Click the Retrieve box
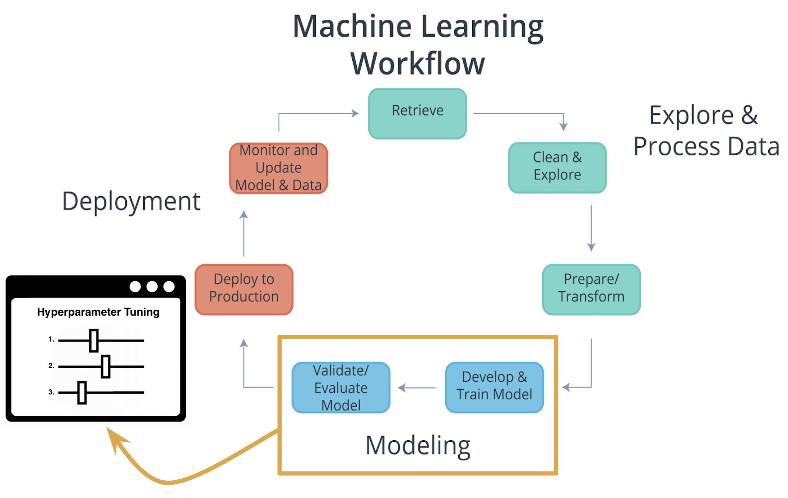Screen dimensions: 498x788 pyautogui.click(x=417, y=113)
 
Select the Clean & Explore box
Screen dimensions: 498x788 pyautogui.click(x=557, y=168)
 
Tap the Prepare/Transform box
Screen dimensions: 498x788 pyautogui.click(x=591, y=289)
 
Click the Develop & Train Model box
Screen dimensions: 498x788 pyautogui.click(x=494, y=387)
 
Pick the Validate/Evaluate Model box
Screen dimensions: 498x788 pyautogui.click(x=341, y=387)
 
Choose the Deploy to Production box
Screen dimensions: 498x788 pyautogui.click(x=244, y=289)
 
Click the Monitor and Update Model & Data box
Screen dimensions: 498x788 pyautogui.click(x=278, y=168)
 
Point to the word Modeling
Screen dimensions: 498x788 pyautogui.click(x=418, y=445)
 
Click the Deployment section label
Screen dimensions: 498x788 pyautogui.click(x=131, y=201)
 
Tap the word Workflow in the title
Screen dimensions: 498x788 pyautogui.click(x=418, y=64)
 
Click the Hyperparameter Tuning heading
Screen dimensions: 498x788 pyautogui.click(x=98, y=312)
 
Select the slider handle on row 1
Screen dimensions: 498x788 pyautogui.click(x=94, y=340)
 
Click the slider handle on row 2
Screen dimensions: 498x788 pyautogui.click(x=106, y=366)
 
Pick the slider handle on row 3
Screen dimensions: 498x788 pyautogui.click(x=82, y=393)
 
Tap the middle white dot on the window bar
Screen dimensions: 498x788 pyautogui.click(x=152, y=286)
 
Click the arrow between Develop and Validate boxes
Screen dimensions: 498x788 pyautogui.click(x=417, y=387)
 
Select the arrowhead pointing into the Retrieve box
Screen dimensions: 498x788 pyautogui.click(x=355, y=113)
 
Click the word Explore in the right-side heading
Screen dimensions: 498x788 pyautogui.click(x=691, y=116)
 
